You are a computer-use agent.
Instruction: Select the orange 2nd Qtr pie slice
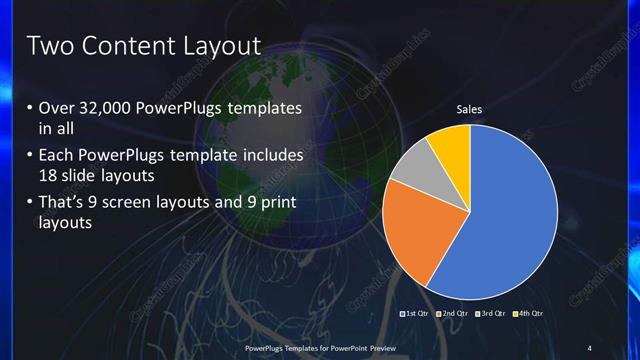pos(420,230)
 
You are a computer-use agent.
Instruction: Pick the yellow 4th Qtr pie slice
pos(451,145)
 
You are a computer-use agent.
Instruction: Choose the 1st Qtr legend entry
pos(415,314)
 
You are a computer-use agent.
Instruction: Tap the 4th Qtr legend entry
pos(529,314)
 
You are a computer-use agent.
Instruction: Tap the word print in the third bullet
pos(272,204)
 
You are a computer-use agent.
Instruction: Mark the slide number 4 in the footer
pos(589,347)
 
